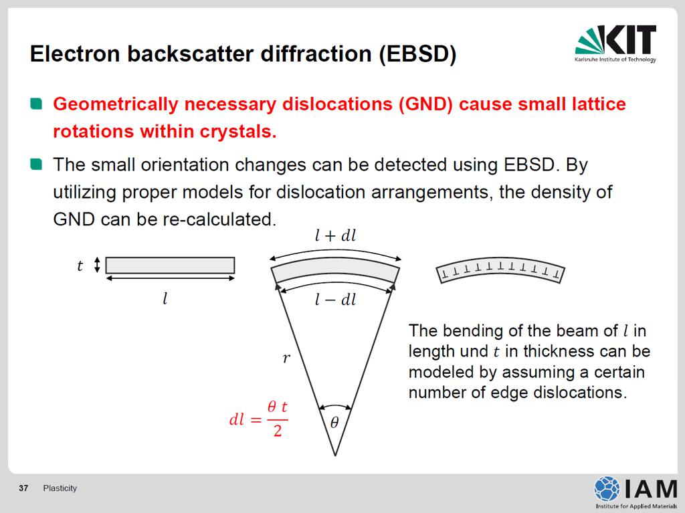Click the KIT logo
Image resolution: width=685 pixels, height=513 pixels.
[x=615, y=43]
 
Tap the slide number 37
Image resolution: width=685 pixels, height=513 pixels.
[x=23, y=488]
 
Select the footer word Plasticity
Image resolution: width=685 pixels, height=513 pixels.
[x=60, y=488]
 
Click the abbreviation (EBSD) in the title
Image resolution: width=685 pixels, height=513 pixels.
[x=417, y=54]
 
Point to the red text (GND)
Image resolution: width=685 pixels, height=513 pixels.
[x=425, y=104]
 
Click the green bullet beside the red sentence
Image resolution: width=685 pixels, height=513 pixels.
[x=36, y=104]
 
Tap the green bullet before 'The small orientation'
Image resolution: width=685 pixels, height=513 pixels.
[x=36, y=165]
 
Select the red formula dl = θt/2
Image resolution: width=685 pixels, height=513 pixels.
[x=259, y=419]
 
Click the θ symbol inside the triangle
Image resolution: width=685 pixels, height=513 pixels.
[x=334, y=423]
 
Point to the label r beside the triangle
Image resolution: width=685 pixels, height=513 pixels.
[x=286, y=358]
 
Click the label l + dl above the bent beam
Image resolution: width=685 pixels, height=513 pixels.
[x=336, y=236]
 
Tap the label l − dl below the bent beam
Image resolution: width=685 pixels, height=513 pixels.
[x=336, y=300]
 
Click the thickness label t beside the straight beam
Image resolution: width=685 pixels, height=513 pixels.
[x=80, y=266]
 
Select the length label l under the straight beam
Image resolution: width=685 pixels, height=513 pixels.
[x=165, y=298]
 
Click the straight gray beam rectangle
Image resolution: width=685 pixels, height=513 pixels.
[x=170, y=266]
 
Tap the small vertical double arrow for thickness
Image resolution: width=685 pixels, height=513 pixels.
[x=97, y=265]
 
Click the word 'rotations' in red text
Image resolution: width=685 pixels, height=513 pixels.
[x=92, y=132]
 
